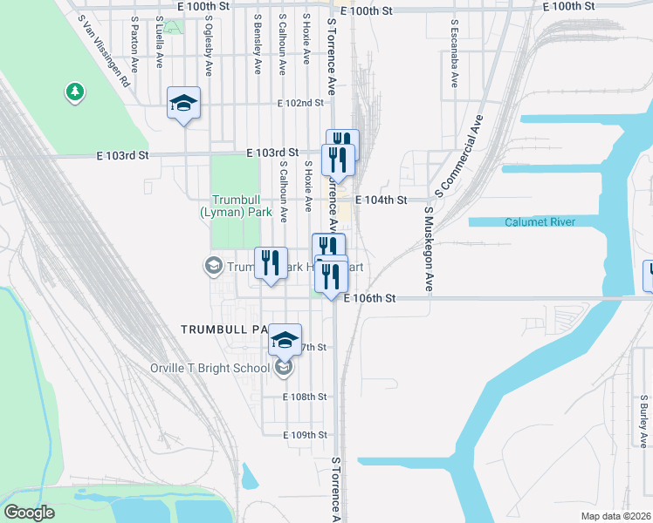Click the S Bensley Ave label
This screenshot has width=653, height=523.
click(258, 43)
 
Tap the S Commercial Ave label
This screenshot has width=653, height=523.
click(458, 154)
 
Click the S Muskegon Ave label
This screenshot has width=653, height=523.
click(429, 248)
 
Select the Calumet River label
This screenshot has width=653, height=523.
click(540, 222)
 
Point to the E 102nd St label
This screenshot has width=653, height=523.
click(300, 103)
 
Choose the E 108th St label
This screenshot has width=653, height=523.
click(305, 397)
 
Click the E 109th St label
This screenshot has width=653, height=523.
click(305, 435)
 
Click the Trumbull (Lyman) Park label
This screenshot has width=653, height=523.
click(236, 205)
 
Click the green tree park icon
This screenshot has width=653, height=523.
click(75, 91)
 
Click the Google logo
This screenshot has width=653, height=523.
click(30, 513)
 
